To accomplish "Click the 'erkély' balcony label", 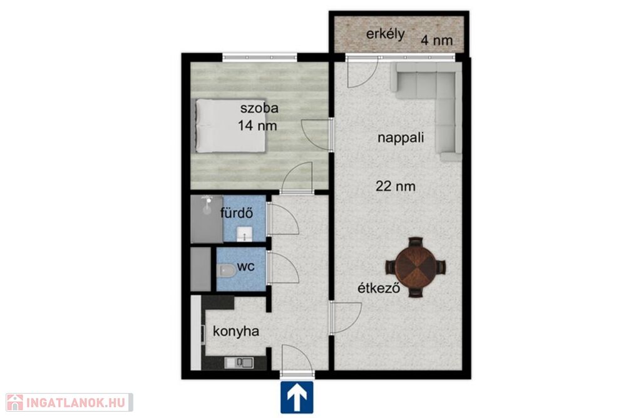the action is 385,34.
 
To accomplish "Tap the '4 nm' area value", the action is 437,41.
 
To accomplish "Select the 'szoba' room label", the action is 259,108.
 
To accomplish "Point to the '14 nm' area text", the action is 257,125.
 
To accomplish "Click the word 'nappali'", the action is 401,138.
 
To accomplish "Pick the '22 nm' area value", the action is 396,186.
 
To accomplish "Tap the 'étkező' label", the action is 379,288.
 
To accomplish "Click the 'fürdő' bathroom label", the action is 237,213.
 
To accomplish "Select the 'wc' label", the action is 245,267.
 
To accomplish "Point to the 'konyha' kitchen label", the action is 236,332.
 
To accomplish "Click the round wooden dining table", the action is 416,268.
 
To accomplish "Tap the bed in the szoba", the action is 230,125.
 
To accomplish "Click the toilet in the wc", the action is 226,270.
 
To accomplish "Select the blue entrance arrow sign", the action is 297,397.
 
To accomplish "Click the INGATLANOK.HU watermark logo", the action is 69,402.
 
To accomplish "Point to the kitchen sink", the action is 239,362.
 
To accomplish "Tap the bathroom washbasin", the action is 245,235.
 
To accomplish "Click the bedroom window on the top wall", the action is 260,57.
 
